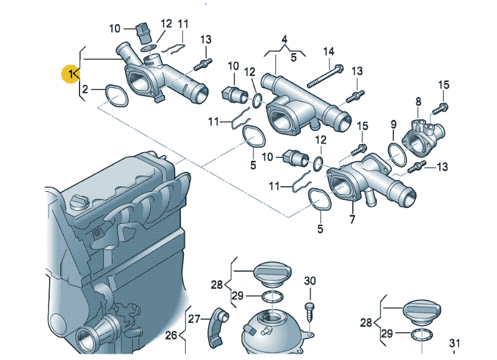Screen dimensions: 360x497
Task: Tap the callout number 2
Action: pos(86,91)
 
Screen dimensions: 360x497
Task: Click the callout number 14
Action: pos(329,51)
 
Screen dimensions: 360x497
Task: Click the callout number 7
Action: pos(352,219)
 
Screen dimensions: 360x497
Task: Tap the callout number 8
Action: pos(418,101)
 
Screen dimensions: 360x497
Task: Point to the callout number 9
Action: pos(393,125)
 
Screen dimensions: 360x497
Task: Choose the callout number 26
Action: pos(171,336)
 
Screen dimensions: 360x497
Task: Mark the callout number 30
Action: pos(310,281)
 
